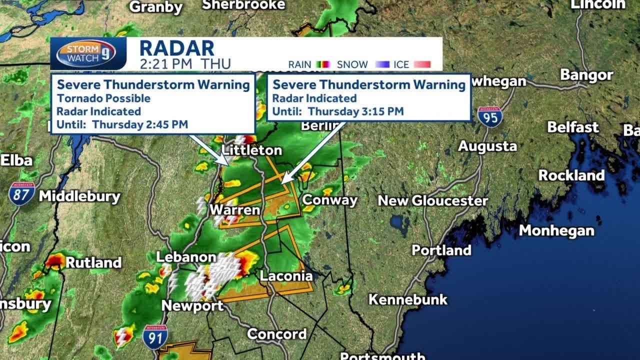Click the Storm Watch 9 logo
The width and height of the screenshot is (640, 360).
tap(86, 53)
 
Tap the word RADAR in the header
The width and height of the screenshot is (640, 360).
tap(176, 48)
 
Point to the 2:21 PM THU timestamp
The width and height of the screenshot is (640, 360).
tap(185, 64)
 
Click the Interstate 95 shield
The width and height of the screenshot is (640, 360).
tap(489, 116)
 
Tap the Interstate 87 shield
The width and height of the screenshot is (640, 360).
tap(21, 194)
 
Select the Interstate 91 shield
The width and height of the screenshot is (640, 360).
tap(155, 337)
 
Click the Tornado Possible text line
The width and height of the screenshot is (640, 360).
tap(103, 98)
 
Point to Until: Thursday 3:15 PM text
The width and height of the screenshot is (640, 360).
tap(337, 111)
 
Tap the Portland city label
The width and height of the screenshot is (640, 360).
tap(441, 250)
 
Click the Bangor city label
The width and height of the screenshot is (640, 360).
tap(586, 75)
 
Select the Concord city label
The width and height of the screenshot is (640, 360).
tap(276, 333)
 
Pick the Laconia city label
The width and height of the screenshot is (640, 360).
tap(286, 275)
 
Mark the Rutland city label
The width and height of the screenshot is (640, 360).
tap(93, 262)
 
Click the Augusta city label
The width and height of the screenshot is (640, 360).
tap(487, 146)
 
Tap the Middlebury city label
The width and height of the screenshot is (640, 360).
tap(80, 196)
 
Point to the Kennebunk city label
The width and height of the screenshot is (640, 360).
tap(408, 299)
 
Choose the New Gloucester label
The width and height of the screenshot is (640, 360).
tap(432, 201)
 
